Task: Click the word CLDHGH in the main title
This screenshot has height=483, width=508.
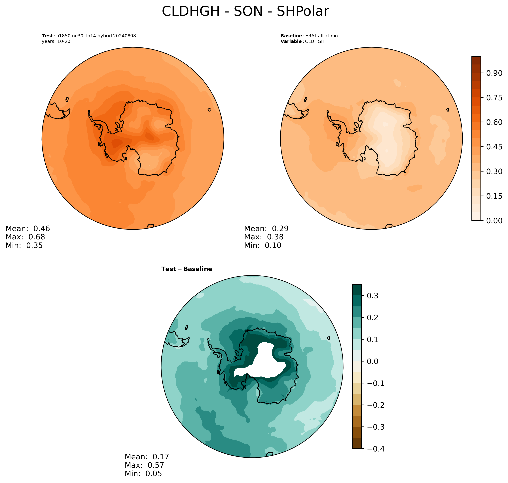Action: pos(191,11)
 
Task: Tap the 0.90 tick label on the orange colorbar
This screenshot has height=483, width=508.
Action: pos(494,73)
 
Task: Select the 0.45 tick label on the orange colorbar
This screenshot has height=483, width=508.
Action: pos(494,147)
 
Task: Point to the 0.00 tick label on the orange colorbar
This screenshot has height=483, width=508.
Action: pos(494,220)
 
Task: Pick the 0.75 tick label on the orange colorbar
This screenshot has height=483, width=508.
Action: pos(494,98)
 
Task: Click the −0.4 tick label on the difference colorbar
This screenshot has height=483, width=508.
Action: pos(376,449)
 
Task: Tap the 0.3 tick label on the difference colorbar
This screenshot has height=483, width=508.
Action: pos(372,296)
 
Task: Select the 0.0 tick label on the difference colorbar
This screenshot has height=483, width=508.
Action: pos(372,361)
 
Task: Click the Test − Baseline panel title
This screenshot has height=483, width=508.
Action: pos(187,269)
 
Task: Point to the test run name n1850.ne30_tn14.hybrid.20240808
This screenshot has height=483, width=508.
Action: pos(96,36)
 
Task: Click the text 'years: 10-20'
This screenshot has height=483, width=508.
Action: pos(56,41)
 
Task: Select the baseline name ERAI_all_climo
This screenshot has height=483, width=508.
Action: pos(321,36)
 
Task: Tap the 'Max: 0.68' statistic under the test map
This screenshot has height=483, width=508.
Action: pos(25,237)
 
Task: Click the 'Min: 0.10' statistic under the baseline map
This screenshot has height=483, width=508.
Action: pos(263,245)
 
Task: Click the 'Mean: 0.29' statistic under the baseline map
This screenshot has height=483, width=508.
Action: pos(266,229)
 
